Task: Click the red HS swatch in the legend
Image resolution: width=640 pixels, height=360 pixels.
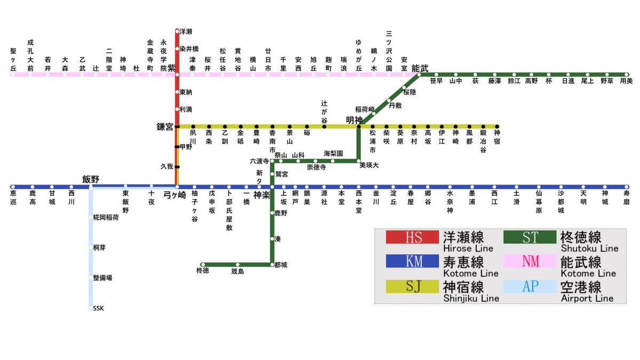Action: point(412,237)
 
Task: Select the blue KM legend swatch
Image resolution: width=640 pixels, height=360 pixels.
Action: point(412,261)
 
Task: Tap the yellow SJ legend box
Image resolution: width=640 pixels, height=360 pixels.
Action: point(412,286)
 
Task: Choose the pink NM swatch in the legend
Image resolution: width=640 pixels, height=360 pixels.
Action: point(530,261)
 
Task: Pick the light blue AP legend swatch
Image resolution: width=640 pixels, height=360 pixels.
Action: point(530,286)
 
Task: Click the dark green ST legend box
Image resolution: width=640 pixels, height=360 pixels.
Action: point(530,237)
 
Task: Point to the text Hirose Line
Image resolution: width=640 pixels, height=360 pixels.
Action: point(468,249)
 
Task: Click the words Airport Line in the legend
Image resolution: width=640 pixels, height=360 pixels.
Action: point(587,299)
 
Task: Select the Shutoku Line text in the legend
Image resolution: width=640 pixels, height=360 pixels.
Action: point(590,249)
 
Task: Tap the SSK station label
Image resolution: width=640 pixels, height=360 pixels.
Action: point(99,308)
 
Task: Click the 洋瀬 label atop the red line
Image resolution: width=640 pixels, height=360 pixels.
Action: point(186,31)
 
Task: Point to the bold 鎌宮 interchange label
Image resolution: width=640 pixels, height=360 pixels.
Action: point(165,127)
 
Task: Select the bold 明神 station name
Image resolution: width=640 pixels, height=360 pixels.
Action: point(354,120)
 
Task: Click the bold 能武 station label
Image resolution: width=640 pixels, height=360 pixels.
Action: point(420,68)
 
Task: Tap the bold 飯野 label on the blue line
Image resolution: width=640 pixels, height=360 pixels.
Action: point(91,179)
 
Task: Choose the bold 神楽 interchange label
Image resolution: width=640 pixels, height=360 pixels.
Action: point(262,195)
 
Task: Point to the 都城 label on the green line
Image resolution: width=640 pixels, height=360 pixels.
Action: point(281,265)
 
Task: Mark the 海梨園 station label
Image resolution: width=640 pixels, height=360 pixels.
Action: point(333,153)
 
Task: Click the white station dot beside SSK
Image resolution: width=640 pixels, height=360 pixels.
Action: point(90,308)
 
